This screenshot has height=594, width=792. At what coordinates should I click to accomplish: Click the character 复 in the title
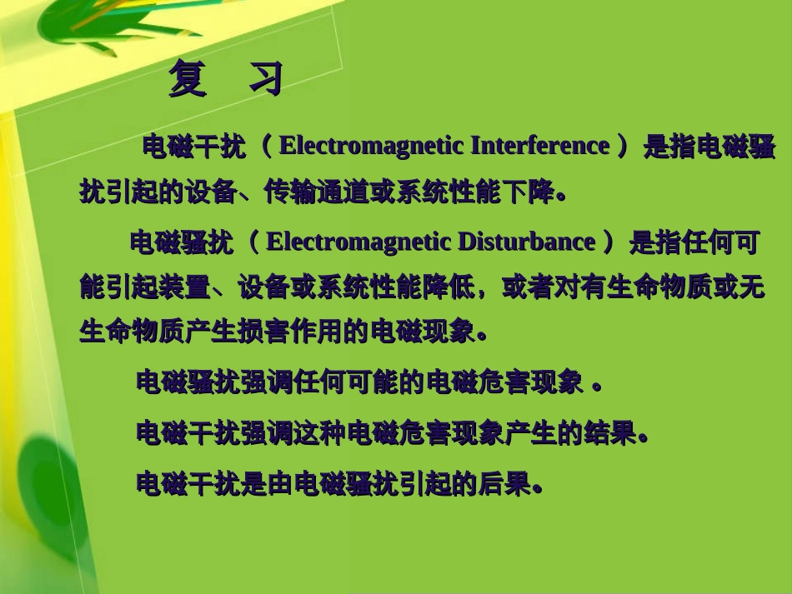(188, 79)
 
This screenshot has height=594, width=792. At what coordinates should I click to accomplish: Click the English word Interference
(539, 146)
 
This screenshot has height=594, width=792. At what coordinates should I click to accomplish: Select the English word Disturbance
(526, 242)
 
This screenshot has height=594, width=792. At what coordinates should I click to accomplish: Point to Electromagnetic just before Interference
(372, 146)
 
